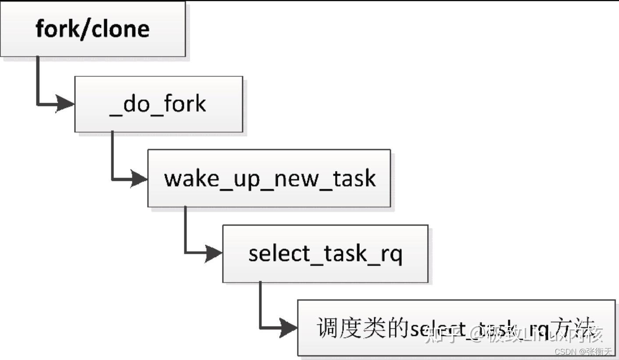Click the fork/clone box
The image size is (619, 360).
(92, 29)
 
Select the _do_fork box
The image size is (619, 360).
(158, 104)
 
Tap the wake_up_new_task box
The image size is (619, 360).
(269, 178)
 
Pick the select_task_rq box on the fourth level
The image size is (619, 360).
(325, 254)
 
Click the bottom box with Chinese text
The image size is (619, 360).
(456, 328)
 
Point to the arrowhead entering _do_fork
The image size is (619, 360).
(66, 104)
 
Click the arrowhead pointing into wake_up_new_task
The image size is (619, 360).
(139, 179)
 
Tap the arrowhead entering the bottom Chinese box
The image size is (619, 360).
(289, 328)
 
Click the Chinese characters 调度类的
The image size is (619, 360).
(363, 328)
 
